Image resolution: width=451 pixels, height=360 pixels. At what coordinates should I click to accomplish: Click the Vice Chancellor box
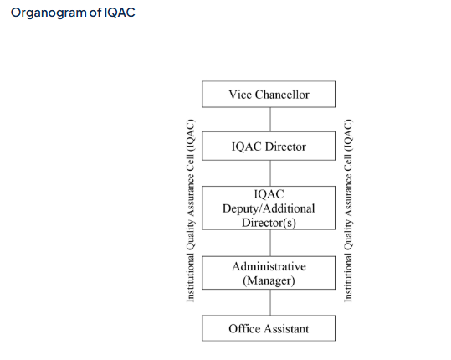pyautogui.click(x=269, y=94)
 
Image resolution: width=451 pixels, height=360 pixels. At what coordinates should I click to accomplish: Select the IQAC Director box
pyautogui.click(x=269, y=146)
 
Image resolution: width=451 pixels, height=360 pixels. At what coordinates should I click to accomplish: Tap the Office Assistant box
pyautogui.click(x=269, y=328)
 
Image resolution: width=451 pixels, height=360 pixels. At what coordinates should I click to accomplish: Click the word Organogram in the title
pyautogui.click(x=49, y=13)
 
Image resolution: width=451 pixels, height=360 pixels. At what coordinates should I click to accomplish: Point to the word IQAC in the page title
pyautogui.click(x=120, y=13)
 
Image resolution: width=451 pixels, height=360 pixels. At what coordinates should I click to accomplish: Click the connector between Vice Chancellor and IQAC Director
pyautogui.click(x=270, y=120)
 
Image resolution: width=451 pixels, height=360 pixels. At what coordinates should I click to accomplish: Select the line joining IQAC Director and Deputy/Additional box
pyautogui.click(x=270, y=173)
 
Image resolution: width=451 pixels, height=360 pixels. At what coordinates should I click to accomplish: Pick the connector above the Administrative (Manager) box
pyautogui.click(x=270, y=243)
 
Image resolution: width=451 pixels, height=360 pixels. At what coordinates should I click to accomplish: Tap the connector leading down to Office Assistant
pyautogui.click(x=270, y=302)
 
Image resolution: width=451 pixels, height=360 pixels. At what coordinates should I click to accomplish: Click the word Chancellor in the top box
pyautogui.click(x=282, y=95)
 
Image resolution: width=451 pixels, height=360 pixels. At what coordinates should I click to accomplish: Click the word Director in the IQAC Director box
pyautogui.click(x=285, y=147)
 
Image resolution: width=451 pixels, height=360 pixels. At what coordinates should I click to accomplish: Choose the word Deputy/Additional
pyautogui.click(x=269, y=208)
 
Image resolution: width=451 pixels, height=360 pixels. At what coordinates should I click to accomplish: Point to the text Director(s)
pyautogui.click(x=269, y=223)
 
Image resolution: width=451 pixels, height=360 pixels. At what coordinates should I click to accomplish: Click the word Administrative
pyautogui.click(x=269, y=266)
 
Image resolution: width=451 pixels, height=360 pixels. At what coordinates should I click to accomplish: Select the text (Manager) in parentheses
pyautogui.click(x=269, y=280)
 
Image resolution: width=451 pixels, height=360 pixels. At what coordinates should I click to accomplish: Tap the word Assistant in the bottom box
pyautogui.click(x=286, y=329)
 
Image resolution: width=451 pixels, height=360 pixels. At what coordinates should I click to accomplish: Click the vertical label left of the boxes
pyautogui.click(x=191, y=210)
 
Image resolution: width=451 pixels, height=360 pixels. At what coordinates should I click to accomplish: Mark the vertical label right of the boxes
pyautogui.click(x=348, y=210)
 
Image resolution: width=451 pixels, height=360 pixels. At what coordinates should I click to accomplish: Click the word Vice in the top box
pyautogui.click(x=240, y=95)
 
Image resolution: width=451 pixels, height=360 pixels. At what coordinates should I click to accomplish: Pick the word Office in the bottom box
pyautogui.click(x=245, y=329)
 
